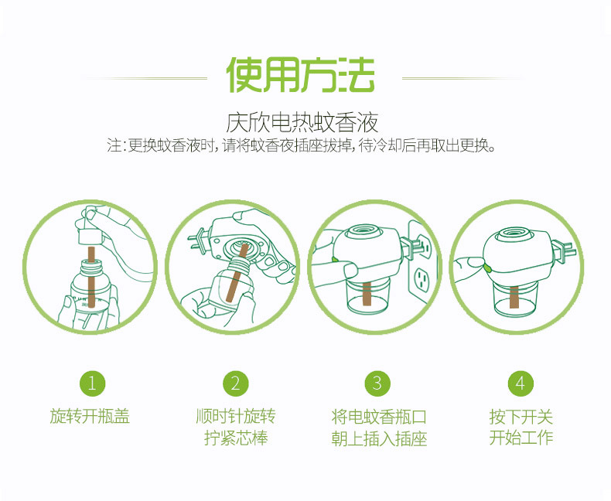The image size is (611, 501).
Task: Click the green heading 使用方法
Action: point(300,76)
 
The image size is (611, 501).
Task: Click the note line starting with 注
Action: point(302,145)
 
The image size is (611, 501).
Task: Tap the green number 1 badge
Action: point(91,383)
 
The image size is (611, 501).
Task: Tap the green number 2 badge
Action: point(235,383)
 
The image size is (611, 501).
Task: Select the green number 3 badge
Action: point(377,383)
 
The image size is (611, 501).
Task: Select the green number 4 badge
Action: point(521,383)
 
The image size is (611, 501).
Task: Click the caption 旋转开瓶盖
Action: point(90,417)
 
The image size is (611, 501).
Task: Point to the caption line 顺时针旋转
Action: point(235,417)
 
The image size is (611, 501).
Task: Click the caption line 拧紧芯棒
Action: point(235,438)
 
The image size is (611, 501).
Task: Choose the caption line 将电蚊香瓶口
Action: point(378,417)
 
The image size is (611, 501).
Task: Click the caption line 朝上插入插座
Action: point(378,439)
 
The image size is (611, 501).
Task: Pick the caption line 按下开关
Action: point(521,417)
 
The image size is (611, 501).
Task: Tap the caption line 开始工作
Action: point(521,438)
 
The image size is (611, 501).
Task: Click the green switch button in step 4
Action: point(487,267)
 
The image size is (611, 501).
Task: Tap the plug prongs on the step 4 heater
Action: point(571,250)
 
